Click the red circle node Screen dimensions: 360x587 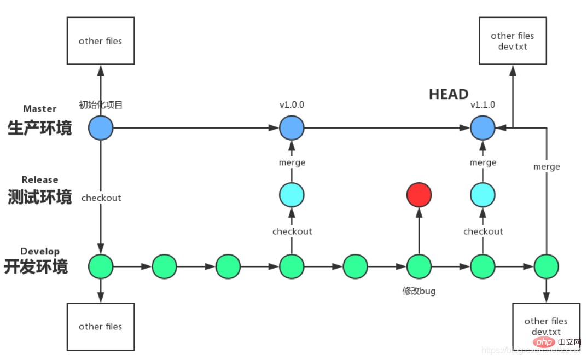(419, 195)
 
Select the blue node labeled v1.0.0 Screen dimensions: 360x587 (292, 129)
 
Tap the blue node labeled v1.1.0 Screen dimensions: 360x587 (483, 129)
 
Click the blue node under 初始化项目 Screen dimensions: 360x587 (101, 129)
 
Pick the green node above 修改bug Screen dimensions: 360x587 (419, 267)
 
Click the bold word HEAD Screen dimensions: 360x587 (449, 94)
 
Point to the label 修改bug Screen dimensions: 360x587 (419, 291)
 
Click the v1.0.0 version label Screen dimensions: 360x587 (292, 105)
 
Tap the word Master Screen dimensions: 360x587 (39, 109)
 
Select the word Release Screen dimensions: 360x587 (39, 179)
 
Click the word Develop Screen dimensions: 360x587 (39, 251)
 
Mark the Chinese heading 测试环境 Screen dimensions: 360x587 (39, 197)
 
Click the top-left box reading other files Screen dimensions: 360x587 (101, 40)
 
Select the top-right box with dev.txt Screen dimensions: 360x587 (513, 40)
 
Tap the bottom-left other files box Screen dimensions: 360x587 (101, 326)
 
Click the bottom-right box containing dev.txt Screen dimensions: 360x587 (545, 326)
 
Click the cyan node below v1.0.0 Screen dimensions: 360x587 (292, 195)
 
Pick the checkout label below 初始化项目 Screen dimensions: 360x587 (101, 198)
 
